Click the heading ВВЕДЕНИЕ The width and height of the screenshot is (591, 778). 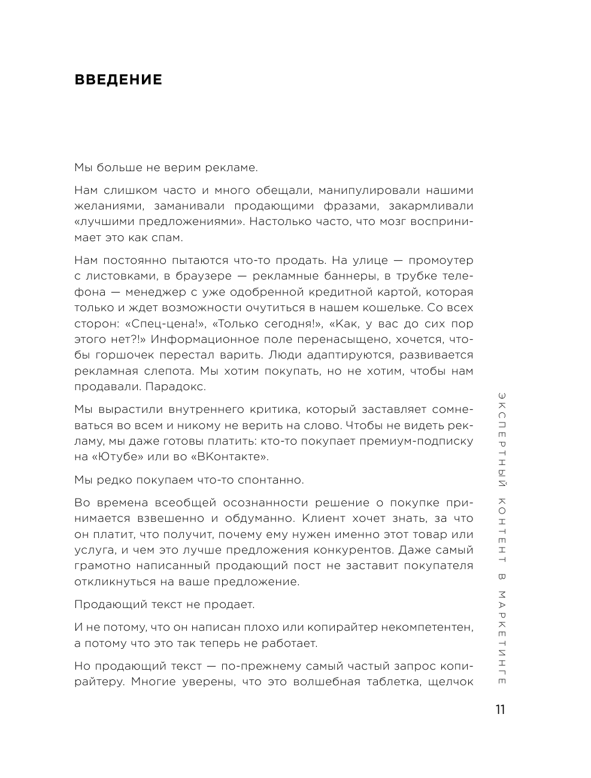pyautogui.click(x=118, y=80)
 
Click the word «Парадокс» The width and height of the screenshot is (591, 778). pyautogui.click(x=177, y=387)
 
